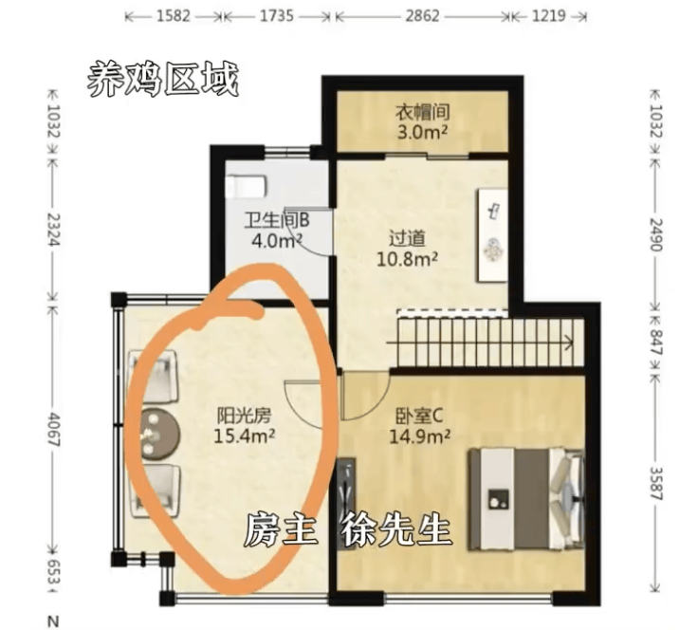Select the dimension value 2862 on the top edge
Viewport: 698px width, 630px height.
(420, 17)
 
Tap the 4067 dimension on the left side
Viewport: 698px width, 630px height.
(52, 433)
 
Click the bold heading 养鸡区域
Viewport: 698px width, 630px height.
(162, 78)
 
